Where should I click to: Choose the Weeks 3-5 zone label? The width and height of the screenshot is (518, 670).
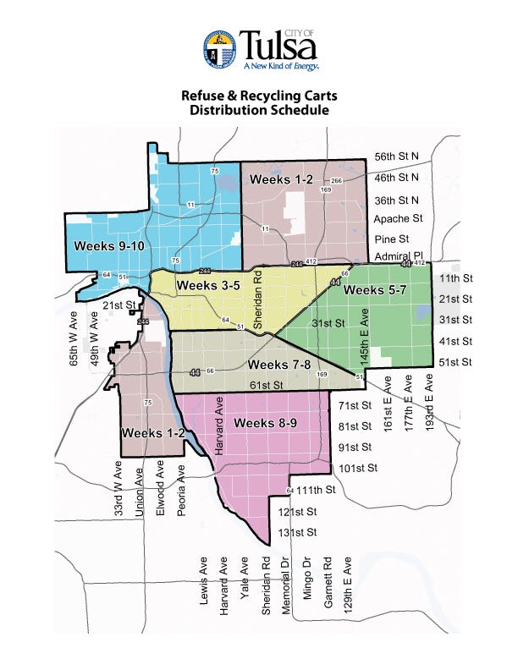(x=206, y=286)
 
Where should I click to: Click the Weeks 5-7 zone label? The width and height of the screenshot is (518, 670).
(x=375, y=290)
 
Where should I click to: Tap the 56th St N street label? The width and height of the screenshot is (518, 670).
(x=398, y=157)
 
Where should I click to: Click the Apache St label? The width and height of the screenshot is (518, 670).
(x=398, y=218)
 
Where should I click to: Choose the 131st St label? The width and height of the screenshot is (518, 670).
(x=297, y=532)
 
